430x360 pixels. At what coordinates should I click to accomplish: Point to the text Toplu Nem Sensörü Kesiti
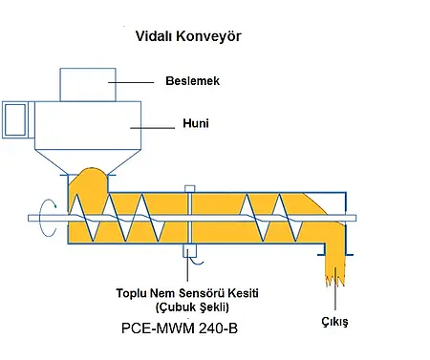(x=183, y=292)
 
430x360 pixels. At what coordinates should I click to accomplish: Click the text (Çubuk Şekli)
(x=184, y=307)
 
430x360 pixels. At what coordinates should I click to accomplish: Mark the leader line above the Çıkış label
(x=333, y=302)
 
